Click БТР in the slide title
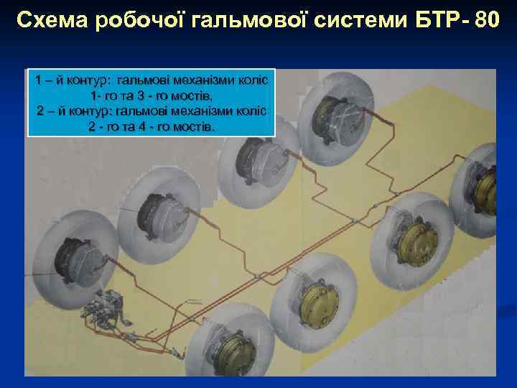[431, 21]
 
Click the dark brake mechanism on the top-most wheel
[331, 108]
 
